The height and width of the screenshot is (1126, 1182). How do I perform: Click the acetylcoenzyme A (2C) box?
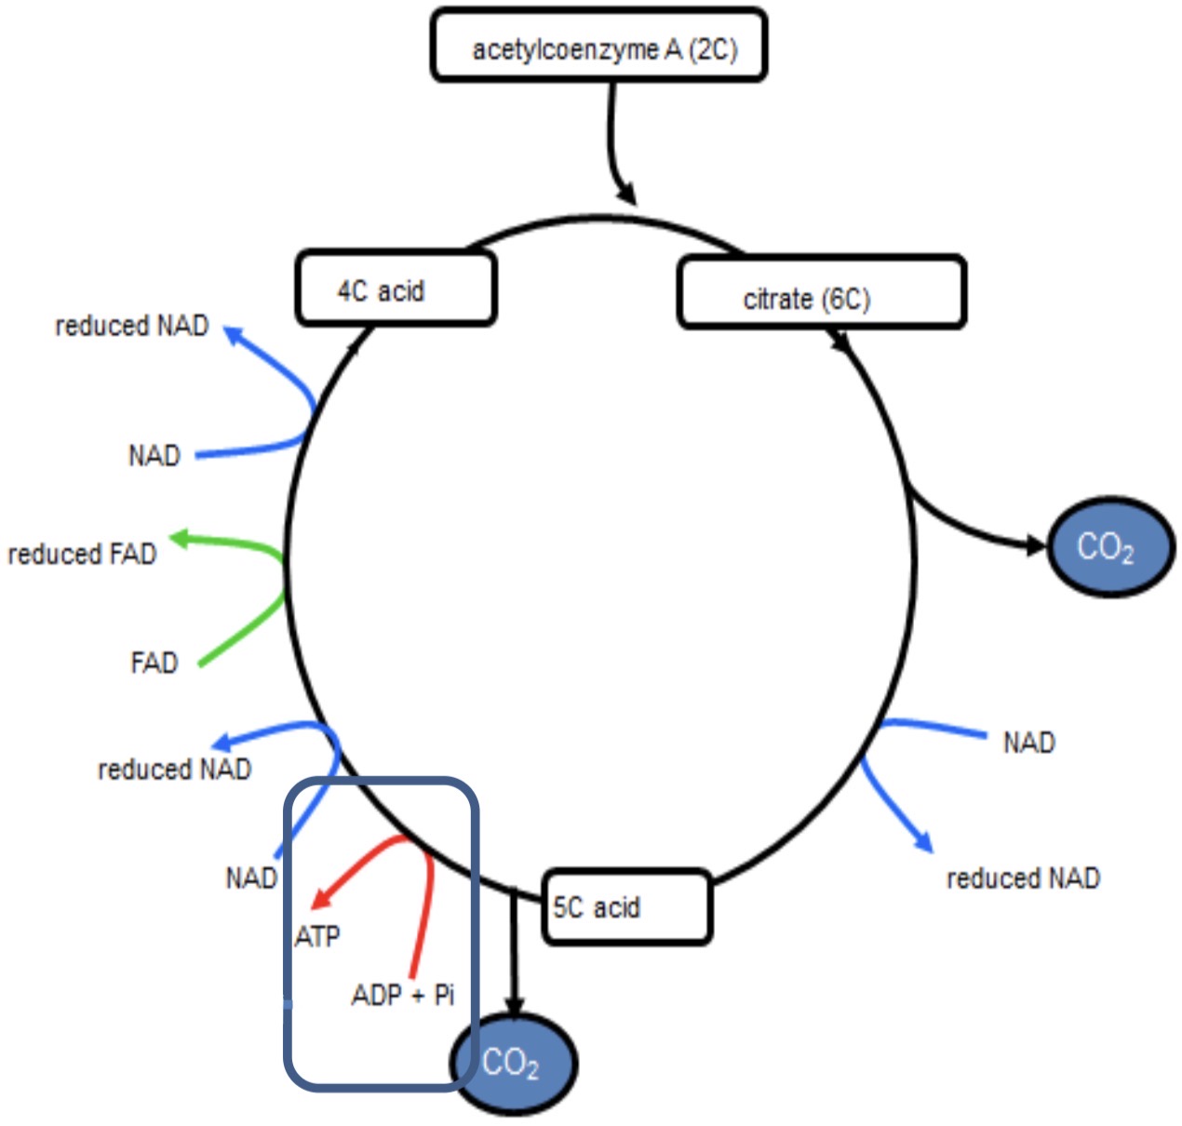coord(598,46)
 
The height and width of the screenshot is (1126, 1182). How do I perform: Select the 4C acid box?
coord(396,288)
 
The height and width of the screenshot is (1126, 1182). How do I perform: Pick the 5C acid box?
coord(626,906)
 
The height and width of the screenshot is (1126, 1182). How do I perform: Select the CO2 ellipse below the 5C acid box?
coord(513,1062)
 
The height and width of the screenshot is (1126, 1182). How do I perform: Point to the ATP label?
coord(317,936)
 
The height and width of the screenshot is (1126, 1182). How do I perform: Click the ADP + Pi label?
coord(402,996)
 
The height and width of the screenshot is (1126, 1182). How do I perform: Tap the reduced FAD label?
coord(82,555)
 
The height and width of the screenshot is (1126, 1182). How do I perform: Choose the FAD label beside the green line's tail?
coord(154,663)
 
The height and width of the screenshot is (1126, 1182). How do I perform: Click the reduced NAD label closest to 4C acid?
coord(132,326)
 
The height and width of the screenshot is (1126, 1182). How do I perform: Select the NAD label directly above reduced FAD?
coord(154,456)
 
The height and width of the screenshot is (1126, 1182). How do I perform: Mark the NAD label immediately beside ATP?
coord(251,878)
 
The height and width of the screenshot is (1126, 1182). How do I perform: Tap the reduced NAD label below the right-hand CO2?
coord(1023,878)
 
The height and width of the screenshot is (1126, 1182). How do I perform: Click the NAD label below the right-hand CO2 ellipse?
coord(1028,743)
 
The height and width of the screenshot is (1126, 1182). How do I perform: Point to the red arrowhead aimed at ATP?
coord(319,898)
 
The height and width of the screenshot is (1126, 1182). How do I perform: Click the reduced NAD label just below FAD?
coord(175,769)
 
